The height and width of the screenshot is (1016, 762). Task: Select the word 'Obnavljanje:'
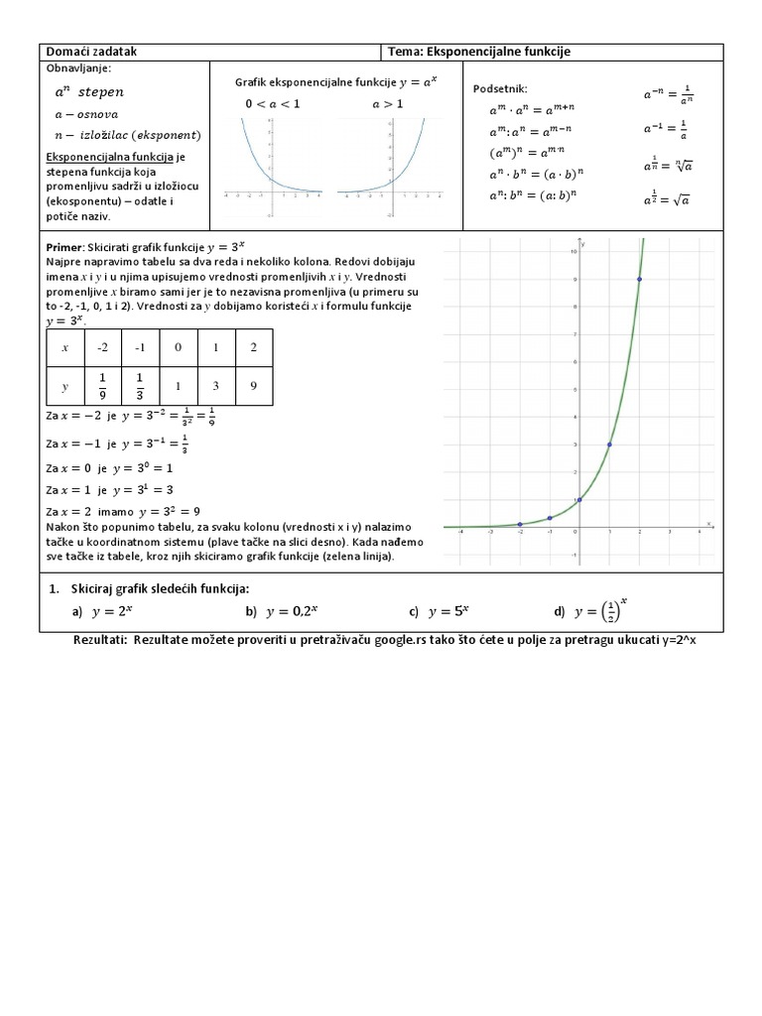pyautogui.click(x=79, y=68)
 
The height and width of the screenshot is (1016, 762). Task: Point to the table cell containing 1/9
pyautogui.click(x=102, y=385)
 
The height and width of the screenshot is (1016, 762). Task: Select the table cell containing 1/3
pyautogui.click(x=140, y=385)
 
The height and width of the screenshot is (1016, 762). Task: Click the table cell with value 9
pyautogui.click(x=254, y=385)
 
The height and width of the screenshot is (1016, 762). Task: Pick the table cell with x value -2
pyautogui.click(x=102, y=347)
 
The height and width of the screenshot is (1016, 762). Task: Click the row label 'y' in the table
pyautogui.click(x=64, y=385)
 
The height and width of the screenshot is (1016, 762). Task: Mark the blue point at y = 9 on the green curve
pyautogui.click(x=639, y=279)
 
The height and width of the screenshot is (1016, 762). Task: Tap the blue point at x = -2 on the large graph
pyautogui.click(x=520, y=524)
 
